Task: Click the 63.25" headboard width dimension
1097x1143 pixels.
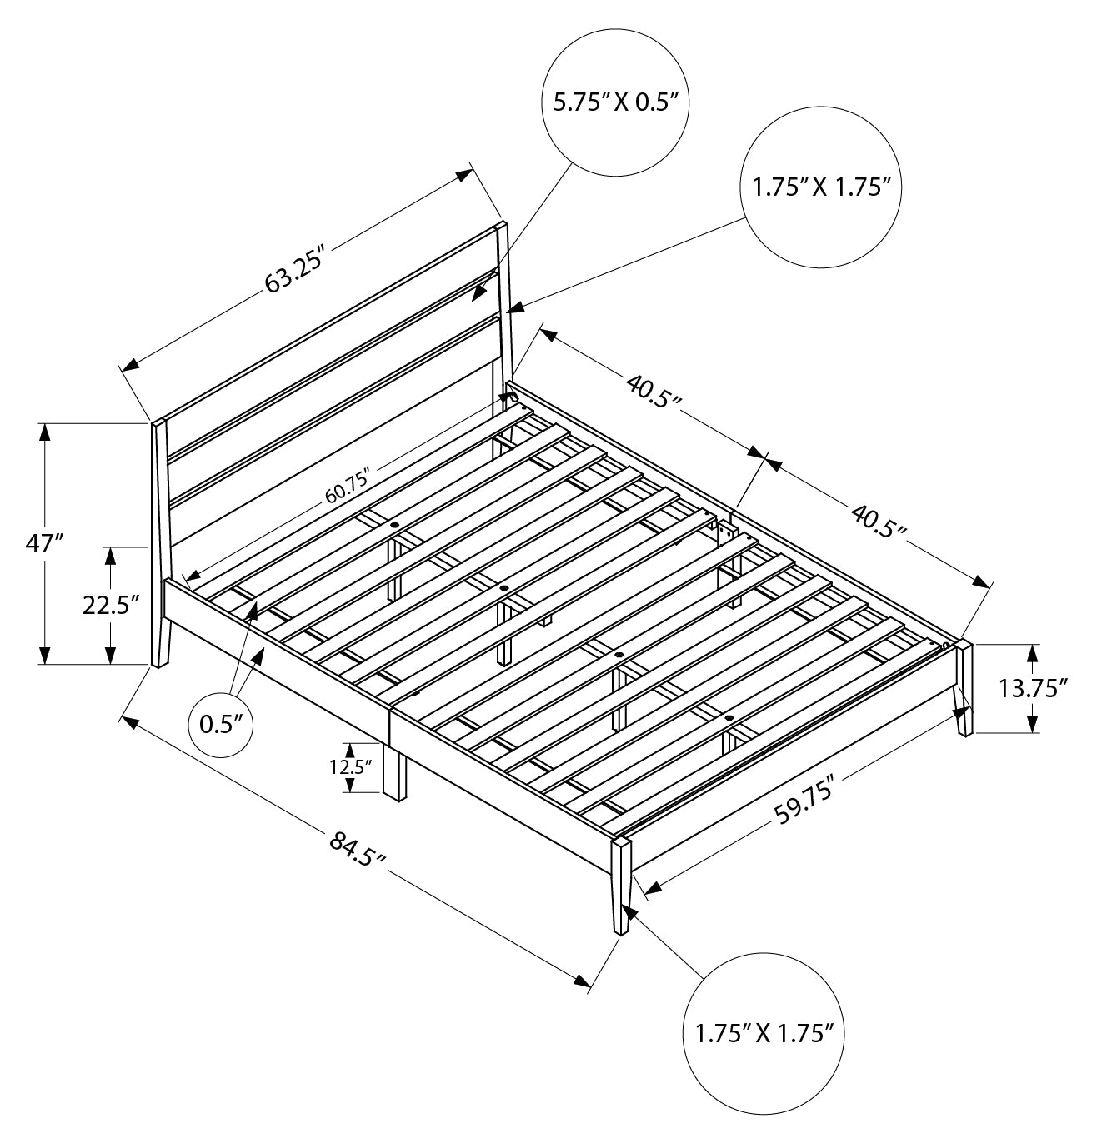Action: pyautogui.click(x=295, y=272)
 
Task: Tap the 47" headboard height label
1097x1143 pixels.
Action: pyautogui.click(x=43, y=543)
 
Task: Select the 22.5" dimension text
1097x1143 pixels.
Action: pyautogui.click(x=110, y=606)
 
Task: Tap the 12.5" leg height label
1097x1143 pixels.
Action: pyautogui.click(x=351, y=767)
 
